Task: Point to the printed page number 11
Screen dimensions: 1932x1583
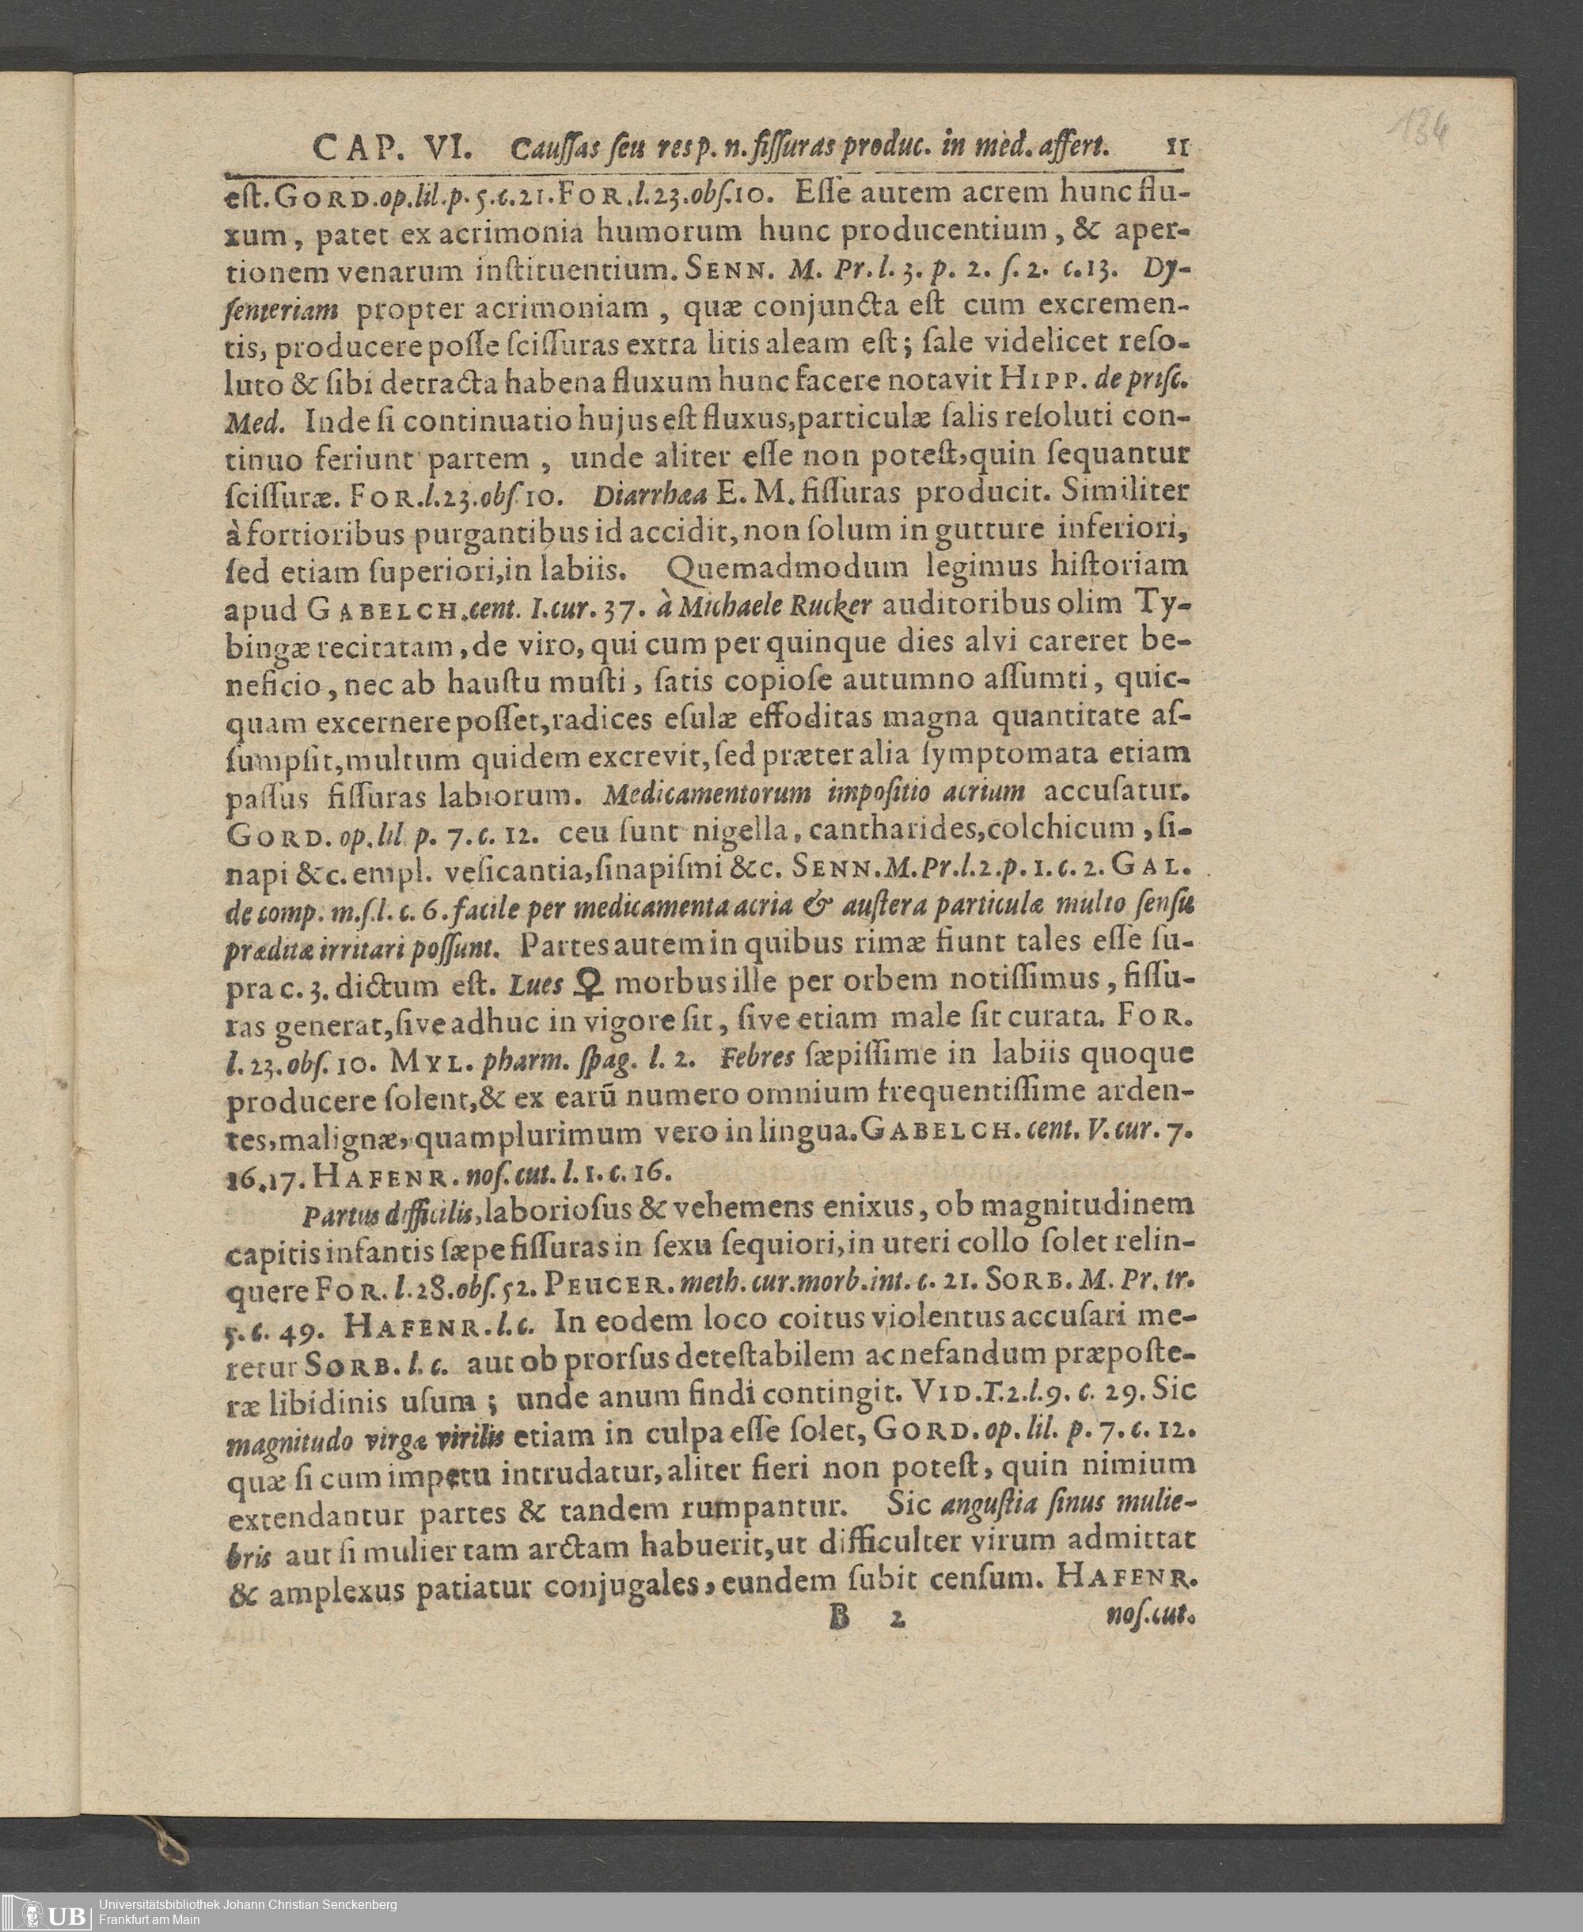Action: (1177, 146)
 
